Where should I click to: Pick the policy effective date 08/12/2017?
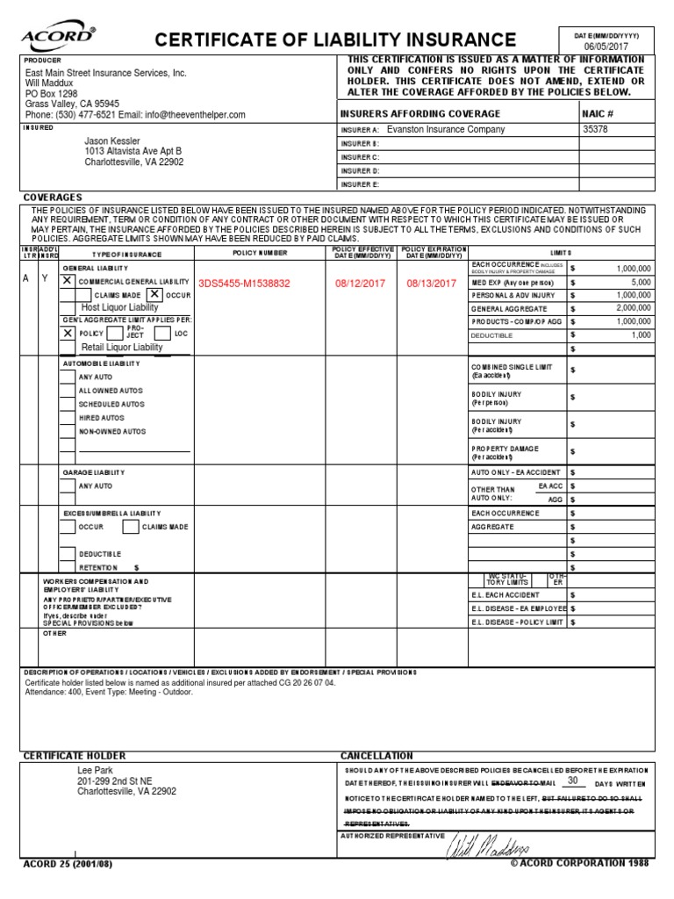pyautogui.click(x=360, y=283)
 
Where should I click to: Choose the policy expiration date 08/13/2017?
pyautogui.click(x=432, y=283)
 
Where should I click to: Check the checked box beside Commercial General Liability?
pyautogui.click(x=68, y=280)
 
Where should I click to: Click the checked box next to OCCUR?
pyautogui.click(x=154, y=295)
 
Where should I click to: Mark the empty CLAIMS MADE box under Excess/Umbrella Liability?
pyautogui.click(x=130, y=527)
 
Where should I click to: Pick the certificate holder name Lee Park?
pyautogui.click(x=95, y=769)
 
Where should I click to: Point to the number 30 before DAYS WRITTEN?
pyautogui.click(x=573, y=780)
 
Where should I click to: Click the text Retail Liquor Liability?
pyautogui.click(x=122, y=348)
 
